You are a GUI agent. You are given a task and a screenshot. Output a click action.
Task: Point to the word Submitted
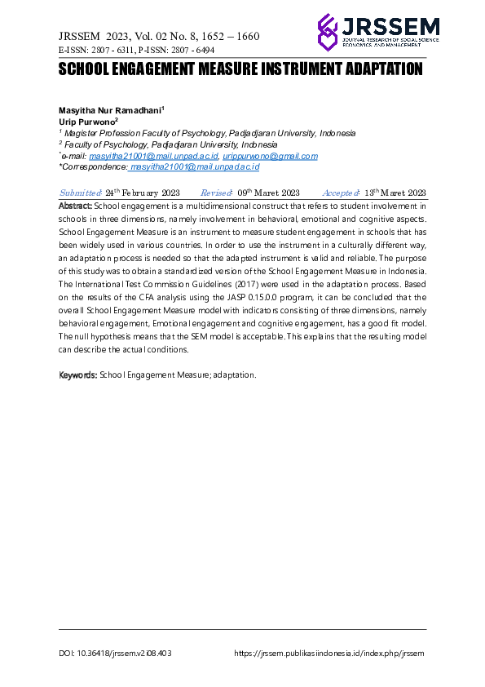(80, 193)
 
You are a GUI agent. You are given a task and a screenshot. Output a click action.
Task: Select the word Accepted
(341, 193)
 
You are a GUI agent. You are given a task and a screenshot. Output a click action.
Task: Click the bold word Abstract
(76, 206)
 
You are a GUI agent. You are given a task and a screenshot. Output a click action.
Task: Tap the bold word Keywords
(78, 375)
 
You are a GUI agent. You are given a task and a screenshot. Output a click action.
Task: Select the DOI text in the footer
(116, 654)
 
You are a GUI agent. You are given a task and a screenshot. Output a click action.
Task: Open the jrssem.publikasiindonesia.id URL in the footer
(329, 654)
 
